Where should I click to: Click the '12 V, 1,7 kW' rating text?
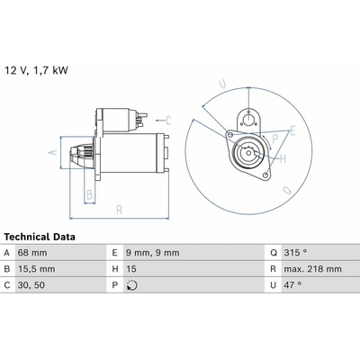pos(36,70)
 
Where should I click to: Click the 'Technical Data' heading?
pos(40,237)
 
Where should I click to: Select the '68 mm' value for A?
pos(32,253)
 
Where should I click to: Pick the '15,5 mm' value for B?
pos(37,269)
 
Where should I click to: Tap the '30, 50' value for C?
pos(31,285)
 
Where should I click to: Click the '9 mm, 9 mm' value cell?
pos(153,253)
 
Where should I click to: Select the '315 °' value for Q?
pos(295,253)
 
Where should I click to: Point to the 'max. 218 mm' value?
pos(313,269)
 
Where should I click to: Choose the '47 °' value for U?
pos(292,285)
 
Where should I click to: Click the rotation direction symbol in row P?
pos(132,285)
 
